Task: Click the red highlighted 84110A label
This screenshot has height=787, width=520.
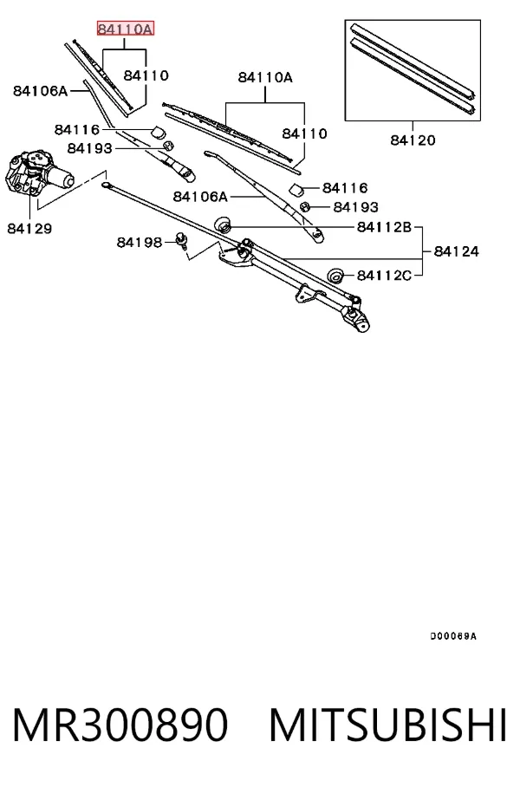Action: point(126,29)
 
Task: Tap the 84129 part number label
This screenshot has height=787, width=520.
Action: point(29,229)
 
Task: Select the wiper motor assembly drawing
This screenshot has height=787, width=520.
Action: point(38,173)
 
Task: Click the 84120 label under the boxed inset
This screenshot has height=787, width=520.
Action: point(413,140)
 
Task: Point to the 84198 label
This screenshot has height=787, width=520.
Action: point(140,243)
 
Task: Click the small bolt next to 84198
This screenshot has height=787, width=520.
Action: point(181,241)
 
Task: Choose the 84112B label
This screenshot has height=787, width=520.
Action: point(384,227)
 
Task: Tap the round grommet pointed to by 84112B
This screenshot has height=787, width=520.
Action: point(223,224)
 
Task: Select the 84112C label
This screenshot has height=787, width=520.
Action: point(384,276)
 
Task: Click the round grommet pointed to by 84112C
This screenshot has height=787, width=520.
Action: point(335,275)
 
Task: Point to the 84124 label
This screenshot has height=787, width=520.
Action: point(456,251)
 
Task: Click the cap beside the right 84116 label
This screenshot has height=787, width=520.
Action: point(296,190)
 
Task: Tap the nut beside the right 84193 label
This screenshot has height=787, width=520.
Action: point(304,206)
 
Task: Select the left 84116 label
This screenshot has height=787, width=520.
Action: point(77,129)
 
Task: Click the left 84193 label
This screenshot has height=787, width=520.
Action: point(90,148)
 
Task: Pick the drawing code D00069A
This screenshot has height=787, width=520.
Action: point(453,636)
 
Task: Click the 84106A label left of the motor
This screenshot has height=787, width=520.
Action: point(40,91)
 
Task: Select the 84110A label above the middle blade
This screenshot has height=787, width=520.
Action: point(265,77)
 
